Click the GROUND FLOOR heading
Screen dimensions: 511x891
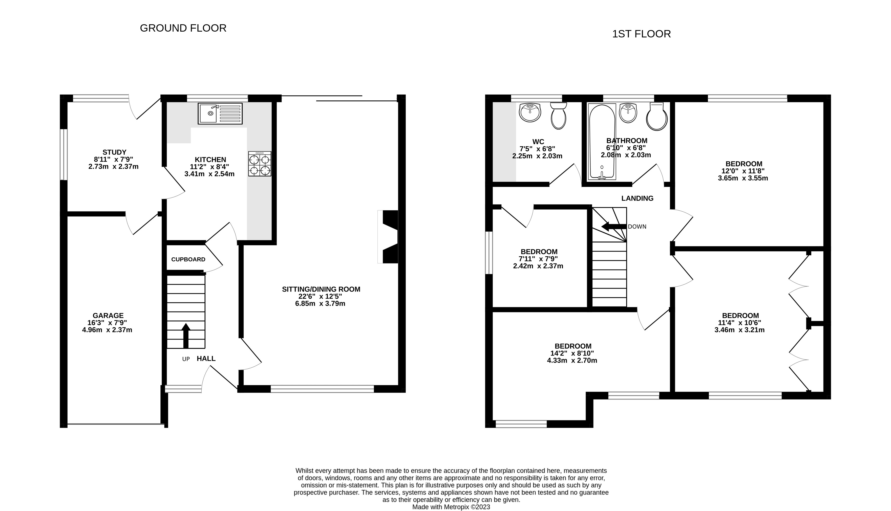183,28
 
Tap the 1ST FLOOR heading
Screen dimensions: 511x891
641,34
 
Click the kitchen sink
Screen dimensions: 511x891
220,113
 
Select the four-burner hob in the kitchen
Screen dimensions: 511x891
260,164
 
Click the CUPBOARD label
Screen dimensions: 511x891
188,259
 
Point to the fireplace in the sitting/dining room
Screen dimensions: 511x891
390,237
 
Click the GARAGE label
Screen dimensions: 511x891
108,316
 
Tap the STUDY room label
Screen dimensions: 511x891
114,152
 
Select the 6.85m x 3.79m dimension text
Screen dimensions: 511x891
320,304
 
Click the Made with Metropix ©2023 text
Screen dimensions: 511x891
451,507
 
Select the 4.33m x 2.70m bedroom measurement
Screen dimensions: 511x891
572,361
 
